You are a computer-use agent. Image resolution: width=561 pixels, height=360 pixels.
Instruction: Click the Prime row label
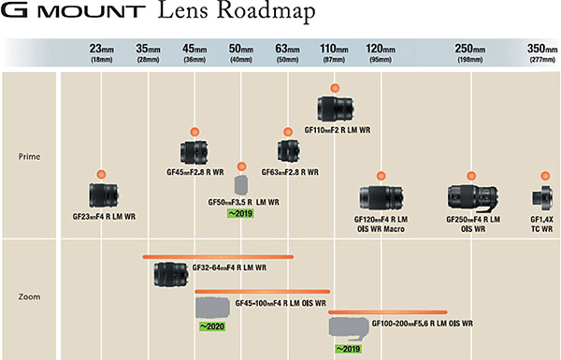click(x=29, y=156)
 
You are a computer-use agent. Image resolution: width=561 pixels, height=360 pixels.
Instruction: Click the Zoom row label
click(x=29, y=298)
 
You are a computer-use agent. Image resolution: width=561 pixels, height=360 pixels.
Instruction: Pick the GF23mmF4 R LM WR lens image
click(x=103, y=194)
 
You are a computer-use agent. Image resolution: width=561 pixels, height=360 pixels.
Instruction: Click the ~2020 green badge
click(x=209, y=326)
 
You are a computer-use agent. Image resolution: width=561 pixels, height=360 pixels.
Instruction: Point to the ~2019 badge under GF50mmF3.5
click(x=240, y=213)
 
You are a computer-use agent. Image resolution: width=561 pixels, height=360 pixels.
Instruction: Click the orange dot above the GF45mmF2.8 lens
click(x=194, y=132)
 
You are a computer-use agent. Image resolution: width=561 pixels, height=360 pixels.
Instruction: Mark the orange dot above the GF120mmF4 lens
click(x=380, y=176)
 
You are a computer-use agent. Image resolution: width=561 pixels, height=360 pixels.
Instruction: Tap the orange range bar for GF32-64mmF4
click(x=218, y=255)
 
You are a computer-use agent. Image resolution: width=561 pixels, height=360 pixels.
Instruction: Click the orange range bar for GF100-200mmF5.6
click(x=388, y=311)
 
